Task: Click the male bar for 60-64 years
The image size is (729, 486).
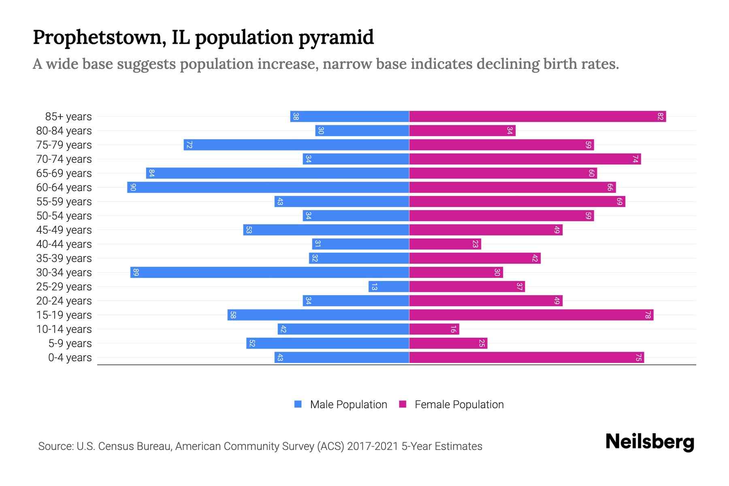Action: point(268,188)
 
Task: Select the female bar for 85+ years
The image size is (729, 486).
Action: point(537,117)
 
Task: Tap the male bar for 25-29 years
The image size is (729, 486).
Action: point(389,287)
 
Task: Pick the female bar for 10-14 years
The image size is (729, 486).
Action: point(434,329)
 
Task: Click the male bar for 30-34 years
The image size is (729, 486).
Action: point(270,273)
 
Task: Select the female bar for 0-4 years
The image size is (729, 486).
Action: point(526,358)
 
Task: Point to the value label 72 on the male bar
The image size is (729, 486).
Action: point(189,145)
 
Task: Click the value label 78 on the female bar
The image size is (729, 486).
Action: point(648,315)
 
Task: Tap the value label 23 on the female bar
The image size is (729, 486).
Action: point(475,244)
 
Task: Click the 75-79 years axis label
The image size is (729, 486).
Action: point(64,145)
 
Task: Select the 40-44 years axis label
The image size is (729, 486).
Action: point(64,244)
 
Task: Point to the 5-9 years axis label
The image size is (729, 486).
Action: point(70,343)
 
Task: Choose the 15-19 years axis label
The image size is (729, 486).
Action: point(64,315)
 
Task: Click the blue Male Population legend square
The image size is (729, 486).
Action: point(298,404)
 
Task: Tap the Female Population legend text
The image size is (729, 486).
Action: point(459,405)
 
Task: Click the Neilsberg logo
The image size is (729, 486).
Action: point(650,442)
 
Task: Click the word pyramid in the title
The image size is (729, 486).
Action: point(336,38)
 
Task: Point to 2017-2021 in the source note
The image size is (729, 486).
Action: point(373,446)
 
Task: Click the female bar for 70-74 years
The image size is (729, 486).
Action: point(525,159)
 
